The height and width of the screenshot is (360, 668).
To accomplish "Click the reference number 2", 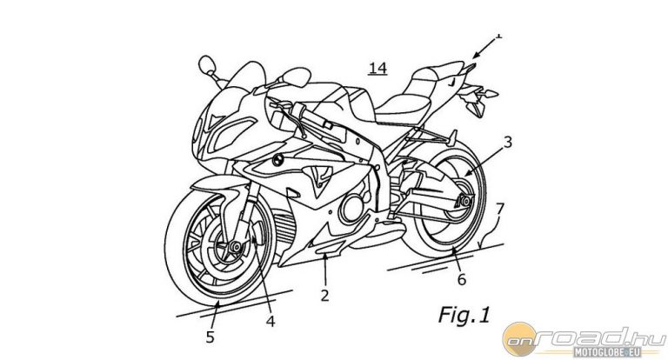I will click(324, 295).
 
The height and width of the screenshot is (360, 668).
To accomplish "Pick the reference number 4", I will click(270, 320).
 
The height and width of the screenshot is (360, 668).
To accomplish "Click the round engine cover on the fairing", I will click(352, 208).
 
